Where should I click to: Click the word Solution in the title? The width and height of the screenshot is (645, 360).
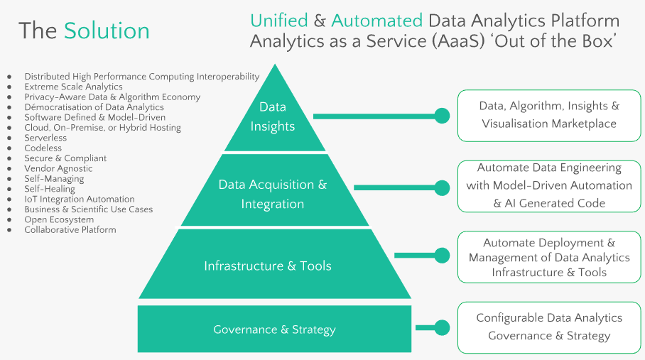pyautogui.click(x=107, y=31)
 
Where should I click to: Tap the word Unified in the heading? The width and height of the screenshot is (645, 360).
pyautogui.click(x=279, y=21)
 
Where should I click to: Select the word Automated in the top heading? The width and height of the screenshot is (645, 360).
pyautogui.click(x=376, y=21)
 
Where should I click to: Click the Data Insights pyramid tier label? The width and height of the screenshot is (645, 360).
pyautogui.click(x=272, y=116)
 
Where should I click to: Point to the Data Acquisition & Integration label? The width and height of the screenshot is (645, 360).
pyautogui.click(x=272, y=194)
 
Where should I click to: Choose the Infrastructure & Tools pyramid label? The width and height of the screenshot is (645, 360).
pyautogui.click(x=268, y=266)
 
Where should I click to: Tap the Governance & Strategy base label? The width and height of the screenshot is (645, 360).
pyautogui.click(x=274, y=329)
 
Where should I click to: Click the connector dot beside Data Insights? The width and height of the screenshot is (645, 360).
pyautogui.click(x=442, y=115)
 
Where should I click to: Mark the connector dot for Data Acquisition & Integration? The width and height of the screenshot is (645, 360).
pyautogui.click(x=442, y=187)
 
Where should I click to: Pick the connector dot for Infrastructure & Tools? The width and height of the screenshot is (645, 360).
pyautogui.click(x=442, y=255)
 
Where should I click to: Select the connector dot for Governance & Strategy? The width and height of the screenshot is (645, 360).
pyautogui.click(x=442, y=327)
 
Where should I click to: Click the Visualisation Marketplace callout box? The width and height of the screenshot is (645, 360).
pyautogui.click(x=549, y=115)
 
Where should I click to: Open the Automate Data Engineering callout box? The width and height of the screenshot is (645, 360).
pyautogui.click(x=549, y=186)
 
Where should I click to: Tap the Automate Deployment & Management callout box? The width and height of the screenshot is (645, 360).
pyautogui.click(x=549, y=258)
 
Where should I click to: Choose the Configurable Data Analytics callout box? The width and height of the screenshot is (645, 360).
pyautogui.click(x=549, y=327)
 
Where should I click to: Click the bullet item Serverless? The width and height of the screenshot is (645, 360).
pyautogui.click(x=45, y=138)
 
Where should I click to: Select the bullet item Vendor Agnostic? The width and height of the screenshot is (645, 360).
pyautogui.click(x=58, y=168)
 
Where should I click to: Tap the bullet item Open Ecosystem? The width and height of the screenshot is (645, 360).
pyautogui.click(x=59, y=219)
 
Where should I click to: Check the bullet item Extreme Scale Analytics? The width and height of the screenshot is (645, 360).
pyautogui.click(x=73, y=87)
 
